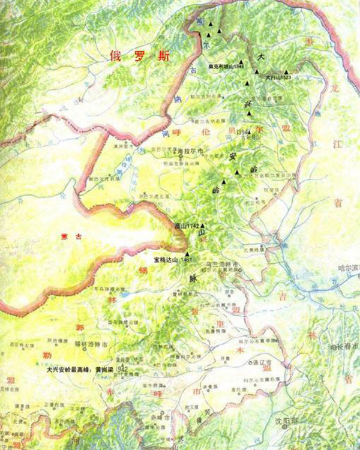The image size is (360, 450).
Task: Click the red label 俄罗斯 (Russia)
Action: [140, 58]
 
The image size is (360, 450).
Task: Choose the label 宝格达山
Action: [166, 260]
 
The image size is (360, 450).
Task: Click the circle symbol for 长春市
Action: [334, 348]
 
